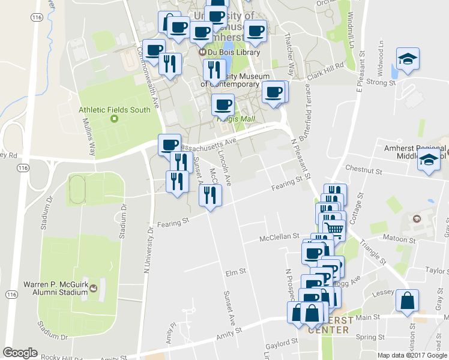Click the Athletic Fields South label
[x=114, y=110]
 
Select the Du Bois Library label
[x=234, y=52]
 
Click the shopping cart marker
[x=334, y=229]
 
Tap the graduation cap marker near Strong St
[x=408, y=59]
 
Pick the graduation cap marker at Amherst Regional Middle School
[x=429, y=161]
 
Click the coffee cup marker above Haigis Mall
[x=223, y=104]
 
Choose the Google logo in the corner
[x=20, y=353]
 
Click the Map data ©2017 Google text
[x=412, y=355]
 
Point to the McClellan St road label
[x=279, y=238]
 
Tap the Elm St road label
[x=235, y=272]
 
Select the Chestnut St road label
[x=364, y=171]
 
